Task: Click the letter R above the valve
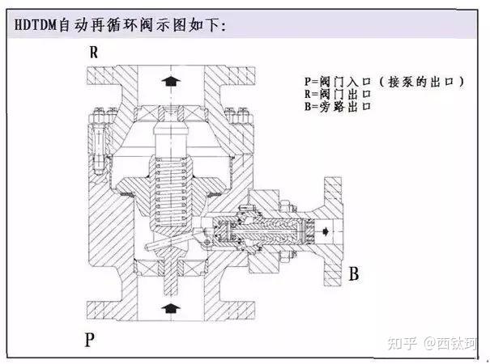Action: (x=94, y=53)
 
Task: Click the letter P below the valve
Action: (x=89, y=340)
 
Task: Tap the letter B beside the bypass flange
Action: (x=354, y=273)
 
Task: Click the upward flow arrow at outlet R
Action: (x=171, y=81)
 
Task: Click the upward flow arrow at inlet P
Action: (x=171, y=308)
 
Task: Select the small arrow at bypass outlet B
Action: (x=326, y=231)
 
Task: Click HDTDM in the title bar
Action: (x=36, y=25)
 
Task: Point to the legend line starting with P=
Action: (x=385, y=82)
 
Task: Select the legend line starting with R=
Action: (x=338, y=94)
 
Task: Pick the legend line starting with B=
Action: (x=338, y=107)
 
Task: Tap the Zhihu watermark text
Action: (x=432, y=344)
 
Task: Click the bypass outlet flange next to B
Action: (x=333, y=231)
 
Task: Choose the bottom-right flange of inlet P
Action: (x=240, y=311)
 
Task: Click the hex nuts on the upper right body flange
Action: (x=236, y=116)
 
